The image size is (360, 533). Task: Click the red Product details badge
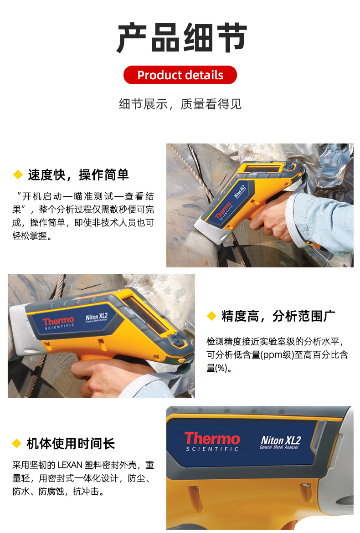coord(180,75)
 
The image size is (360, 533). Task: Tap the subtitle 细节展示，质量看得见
coord(180,104)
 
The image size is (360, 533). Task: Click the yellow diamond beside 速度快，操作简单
coord(18,175)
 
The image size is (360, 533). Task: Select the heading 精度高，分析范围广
coord(278,316)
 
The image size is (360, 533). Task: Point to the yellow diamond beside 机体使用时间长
coord(17,443)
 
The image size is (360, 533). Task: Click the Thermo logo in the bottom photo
coord(212,438)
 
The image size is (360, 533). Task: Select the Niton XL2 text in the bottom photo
coord(281,440)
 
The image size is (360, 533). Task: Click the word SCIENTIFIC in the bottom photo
coord(212,449)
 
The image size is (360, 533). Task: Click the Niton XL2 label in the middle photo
coord(97,317)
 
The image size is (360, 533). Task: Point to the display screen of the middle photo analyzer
coord(148,317)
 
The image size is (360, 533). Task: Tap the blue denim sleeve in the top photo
coord(323,220)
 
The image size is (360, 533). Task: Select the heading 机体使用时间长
coord(71,444)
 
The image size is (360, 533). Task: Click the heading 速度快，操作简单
coord(78,175)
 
